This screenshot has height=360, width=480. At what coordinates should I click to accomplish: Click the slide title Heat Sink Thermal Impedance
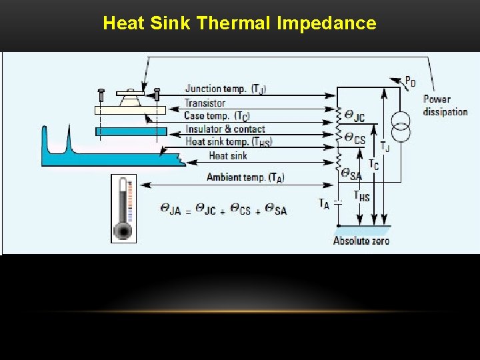(239, 24)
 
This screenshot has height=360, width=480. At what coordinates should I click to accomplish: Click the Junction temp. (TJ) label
(225, 89)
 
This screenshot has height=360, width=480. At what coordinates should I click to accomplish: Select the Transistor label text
(205, 103)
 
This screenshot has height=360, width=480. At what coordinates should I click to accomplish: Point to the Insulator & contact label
(225, 129)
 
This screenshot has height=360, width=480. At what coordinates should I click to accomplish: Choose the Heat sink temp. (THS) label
(229, 142)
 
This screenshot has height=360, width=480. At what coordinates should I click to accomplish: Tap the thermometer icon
(123, 208)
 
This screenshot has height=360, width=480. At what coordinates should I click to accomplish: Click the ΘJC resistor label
(353, 117)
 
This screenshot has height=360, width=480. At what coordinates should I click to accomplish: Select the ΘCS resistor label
(354, 139)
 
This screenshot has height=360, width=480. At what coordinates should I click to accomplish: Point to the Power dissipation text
(445, 105)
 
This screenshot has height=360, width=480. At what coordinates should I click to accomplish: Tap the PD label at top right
(411, 82)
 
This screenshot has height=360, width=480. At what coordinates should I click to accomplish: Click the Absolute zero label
(361, 241)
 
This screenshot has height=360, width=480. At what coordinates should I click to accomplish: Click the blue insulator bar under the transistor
(131, 131)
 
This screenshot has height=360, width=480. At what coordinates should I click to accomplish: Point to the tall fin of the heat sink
(68, 140)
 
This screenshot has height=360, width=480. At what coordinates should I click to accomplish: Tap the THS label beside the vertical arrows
(361, 197)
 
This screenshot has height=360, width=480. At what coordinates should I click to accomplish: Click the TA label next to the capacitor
(324, 203)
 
